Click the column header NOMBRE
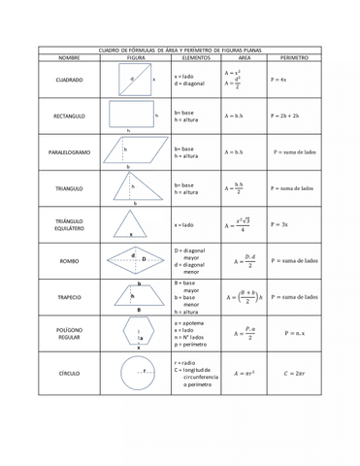click(x=69, y=58)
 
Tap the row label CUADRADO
click(x=69, y=80)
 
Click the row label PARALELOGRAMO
click(x=69, y=152)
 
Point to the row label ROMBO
click(x=69, y=261)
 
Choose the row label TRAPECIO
click(x=69, y=297)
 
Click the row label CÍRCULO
click(x=69, y=372)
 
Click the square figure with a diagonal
click(x=137, y=80)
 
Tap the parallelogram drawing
click(x=135, y=150)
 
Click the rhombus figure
click(x=135, y=259)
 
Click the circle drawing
click(x=137, y=372)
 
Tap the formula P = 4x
click(x=279, y=80)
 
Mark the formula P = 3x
click(x=279, y=224)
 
